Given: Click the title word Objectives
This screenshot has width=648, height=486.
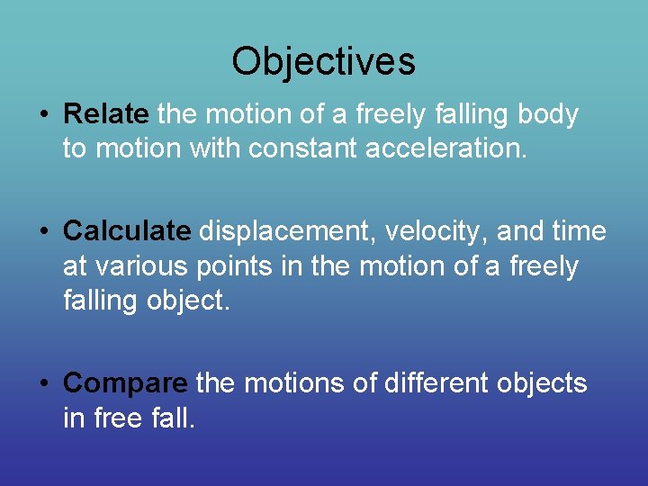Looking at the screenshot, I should pos(323,61).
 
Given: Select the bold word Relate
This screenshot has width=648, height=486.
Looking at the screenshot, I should pos(106,115).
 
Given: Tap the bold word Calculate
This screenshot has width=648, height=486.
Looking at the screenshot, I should pos(127,232).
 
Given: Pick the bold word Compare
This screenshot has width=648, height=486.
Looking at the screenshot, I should pos(125,384).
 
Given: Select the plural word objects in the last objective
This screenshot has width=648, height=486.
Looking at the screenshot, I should pos(545,384).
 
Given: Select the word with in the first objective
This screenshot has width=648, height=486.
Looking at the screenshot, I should pos(216,148).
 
